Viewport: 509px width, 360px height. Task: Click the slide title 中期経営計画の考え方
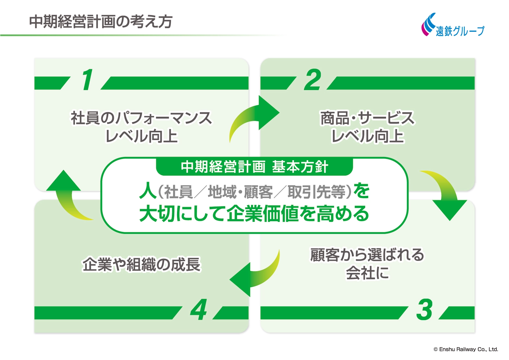(101, 22)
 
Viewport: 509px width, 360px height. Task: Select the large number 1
(87, 80)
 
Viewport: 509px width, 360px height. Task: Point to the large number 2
(313, 80)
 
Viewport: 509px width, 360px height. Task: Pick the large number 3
(424, 310)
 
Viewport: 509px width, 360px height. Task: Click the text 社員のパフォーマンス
(141, 118)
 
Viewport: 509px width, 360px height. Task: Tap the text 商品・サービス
(367, 118)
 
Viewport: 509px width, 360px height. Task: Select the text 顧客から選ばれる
(367, 255)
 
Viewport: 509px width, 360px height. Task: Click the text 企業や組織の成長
(142, 264)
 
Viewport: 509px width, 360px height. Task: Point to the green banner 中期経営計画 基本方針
(254, 167)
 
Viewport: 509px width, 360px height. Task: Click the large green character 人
(148, 191)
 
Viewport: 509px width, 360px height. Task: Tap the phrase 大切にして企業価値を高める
(254, 214)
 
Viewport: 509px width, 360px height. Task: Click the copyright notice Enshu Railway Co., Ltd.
(466, 349)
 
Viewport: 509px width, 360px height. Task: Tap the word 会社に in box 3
(367, 273)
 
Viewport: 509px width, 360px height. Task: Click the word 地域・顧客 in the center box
(240, 192)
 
